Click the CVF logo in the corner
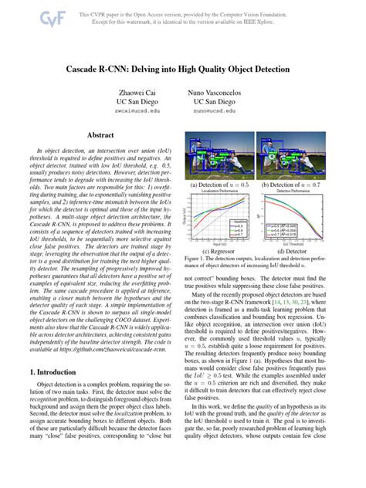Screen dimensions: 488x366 click(29, 16)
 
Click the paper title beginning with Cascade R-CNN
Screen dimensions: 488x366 click(182, 68)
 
